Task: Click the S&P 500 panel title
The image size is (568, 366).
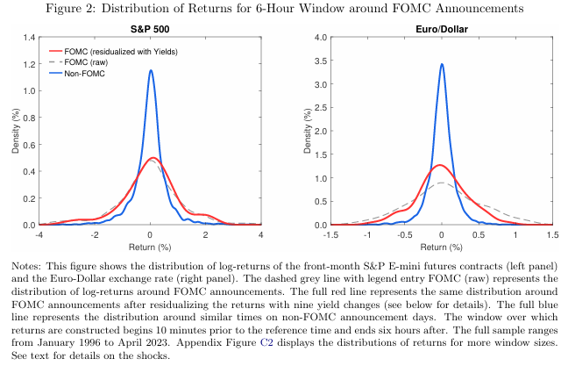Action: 150,29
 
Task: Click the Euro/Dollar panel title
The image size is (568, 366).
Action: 442,29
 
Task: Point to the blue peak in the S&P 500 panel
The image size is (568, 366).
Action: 151,70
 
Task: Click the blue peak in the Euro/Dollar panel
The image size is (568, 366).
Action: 442,64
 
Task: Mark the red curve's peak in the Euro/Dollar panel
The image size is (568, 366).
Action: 440,165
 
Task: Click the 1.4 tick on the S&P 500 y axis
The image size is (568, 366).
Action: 29,38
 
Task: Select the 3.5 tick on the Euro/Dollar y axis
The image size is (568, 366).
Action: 321,61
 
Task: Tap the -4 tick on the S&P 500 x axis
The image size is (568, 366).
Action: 39,235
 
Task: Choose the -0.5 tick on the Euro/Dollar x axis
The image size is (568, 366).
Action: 405,235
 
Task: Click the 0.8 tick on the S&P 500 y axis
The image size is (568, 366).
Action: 29,118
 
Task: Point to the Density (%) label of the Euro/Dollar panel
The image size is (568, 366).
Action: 308,131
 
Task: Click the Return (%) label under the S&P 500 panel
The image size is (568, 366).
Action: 150,248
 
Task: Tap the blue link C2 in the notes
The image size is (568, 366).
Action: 266,343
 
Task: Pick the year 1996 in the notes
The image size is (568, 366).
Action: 88,343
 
